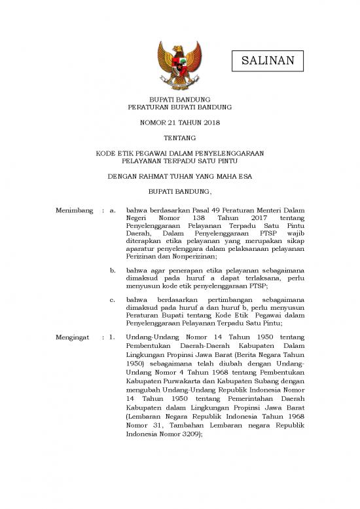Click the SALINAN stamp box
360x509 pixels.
coord(263,62)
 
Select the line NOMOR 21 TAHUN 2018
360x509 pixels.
coord(179,123)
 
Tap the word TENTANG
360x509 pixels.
coord(179,138)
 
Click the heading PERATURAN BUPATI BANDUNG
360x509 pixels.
coord(179,106)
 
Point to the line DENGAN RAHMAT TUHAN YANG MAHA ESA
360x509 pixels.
coord(179,176)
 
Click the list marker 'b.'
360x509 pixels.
coord(114,269)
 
